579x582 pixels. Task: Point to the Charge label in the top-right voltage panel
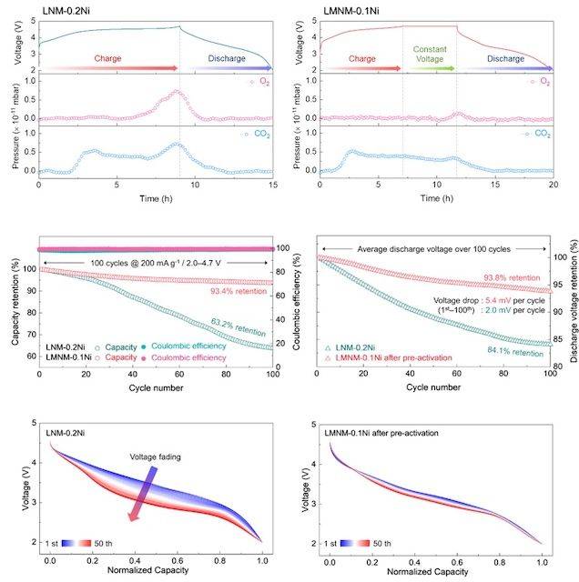362,58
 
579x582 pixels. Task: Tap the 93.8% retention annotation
515,278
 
